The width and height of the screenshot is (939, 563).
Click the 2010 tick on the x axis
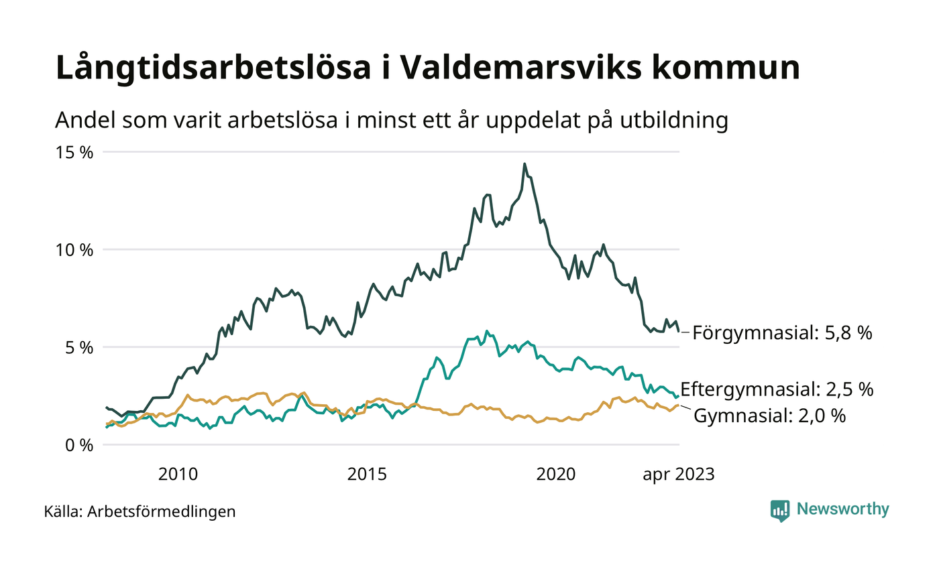(x=178, y=475)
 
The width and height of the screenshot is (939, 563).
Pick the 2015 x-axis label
(x=367, y=475)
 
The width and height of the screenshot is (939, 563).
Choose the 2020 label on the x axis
(x=556, y=475)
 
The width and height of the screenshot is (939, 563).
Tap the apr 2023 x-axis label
(x=679, y=475)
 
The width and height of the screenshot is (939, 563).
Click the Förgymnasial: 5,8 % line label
(x=782, y=332)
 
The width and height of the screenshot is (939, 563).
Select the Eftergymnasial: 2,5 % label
(x=777, y=389)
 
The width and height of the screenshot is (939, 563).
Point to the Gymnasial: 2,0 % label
(x=769, y=416)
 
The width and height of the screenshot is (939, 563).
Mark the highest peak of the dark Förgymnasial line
(x=524, y=164)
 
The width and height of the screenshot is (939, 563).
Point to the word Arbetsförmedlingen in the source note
(x=162, y=512)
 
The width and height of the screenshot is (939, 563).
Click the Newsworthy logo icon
(x=780, y=510)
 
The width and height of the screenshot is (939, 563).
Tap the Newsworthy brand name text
(x=842, y=509)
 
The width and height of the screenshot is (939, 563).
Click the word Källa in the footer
(x=62, y=512)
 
